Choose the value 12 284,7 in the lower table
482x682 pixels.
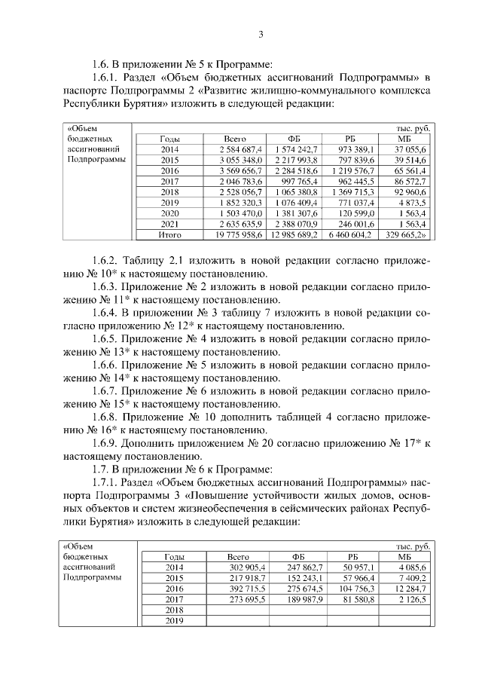pyautogui.click(x=410, y=588)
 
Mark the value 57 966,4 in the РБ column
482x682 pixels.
pyautogui.click(x=356, y=577)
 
